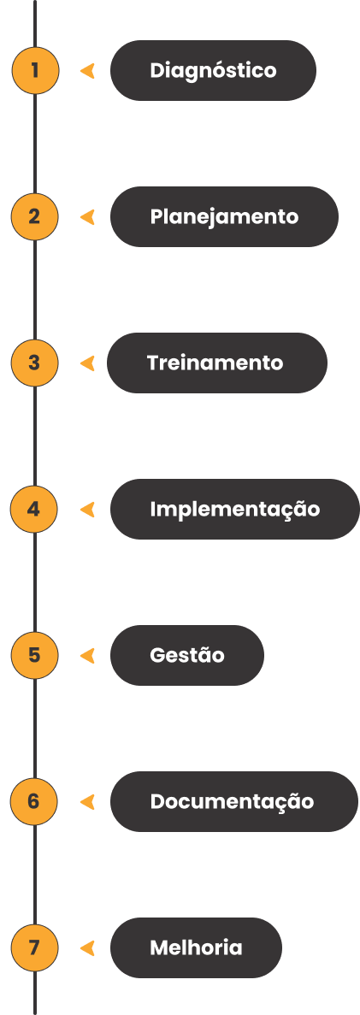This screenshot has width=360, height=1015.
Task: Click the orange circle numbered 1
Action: (x=35, y=70)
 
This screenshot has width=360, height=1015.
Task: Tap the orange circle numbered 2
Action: (x=35, y=216)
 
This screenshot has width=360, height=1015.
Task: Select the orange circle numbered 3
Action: (x=35, y=363)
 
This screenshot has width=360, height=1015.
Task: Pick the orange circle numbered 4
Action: (x=35, y=509)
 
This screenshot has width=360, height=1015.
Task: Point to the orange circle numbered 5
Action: (x=35, y=655)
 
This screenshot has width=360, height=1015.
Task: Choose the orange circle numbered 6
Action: (x=35, y=801)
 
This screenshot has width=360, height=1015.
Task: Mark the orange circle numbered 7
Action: (x=35, y=947)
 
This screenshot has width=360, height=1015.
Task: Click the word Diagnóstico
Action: (x=213, y=70)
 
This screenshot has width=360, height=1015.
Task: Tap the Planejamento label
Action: (x=224, y=217)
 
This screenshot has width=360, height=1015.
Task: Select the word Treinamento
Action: (x=215, y=363)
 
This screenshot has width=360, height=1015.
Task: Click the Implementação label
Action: (x=235, y=510)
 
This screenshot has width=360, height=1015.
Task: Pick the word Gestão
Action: (x=187, y=655)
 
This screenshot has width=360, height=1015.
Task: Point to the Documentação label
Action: (x=232, y=802)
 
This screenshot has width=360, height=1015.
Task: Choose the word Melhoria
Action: (x=196, y=947)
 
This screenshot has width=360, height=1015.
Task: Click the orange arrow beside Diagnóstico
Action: (x=87, y=71)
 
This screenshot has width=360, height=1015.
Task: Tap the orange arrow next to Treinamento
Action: (x=87, y=363)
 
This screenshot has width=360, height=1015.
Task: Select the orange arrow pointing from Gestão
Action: (x=87, y=656)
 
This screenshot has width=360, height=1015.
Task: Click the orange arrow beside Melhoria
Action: (x=87, y=948)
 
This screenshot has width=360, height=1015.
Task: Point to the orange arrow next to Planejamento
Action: (x=87, y=217)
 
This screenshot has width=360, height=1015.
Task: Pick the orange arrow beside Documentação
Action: (x=87, y=802)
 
